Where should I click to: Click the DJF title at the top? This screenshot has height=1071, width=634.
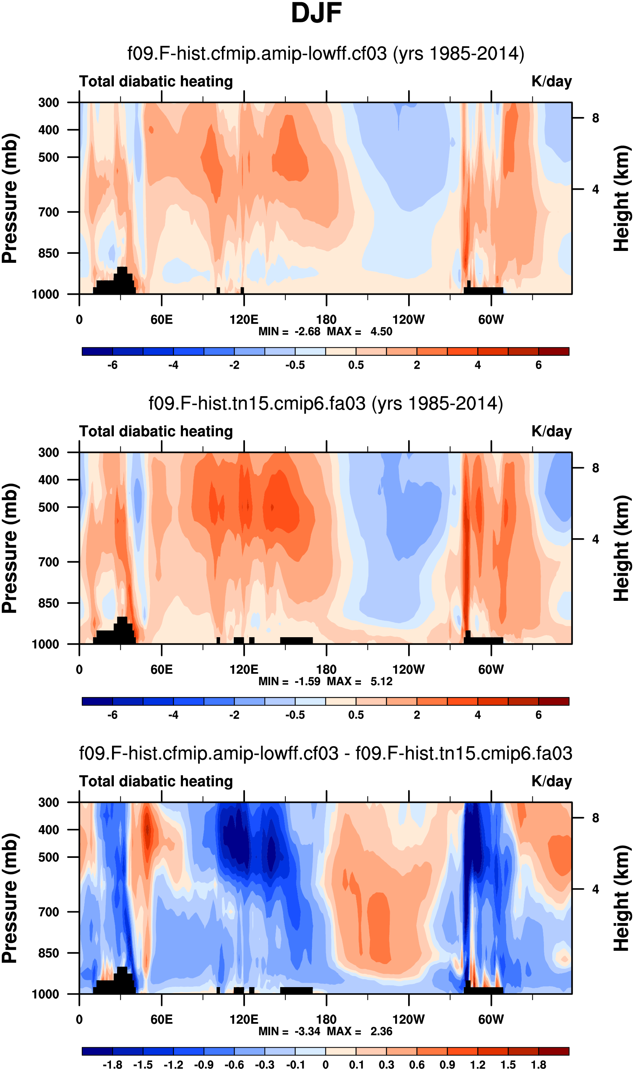tap(316, 13)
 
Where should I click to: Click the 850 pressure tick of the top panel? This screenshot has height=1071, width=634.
tap(49, 253)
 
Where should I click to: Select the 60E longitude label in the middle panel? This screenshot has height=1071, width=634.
tap(161, 669)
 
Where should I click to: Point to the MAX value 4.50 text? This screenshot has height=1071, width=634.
tap(381, 332)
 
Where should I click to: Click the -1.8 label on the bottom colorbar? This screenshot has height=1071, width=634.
tap(112, 1065)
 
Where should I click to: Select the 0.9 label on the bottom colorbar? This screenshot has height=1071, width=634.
tap(447, 1065)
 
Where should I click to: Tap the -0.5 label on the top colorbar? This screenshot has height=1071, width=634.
tap(295, 365)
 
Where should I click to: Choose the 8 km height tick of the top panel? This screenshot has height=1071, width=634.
tap(595, 118)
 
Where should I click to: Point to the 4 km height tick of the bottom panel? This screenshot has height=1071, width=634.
tap(595, 889)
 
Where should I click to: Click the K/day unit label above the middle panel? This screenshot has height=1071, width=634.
tap(551, 431)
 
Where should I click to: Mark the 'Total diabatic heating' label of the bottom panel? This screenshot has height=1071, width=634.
tap(156, 781)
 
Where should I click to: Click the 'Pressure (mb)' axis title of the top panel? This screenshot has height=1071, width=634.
tap(9, 198)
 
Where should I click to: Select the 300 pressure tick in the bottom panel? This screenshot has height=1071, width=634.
tap(49, 802)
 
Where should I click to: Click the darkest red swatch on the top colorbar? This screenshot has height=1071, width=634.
tap(554, 351)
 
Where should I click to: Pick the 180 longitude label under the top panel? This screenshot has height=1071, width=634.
tap(326, 319)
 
